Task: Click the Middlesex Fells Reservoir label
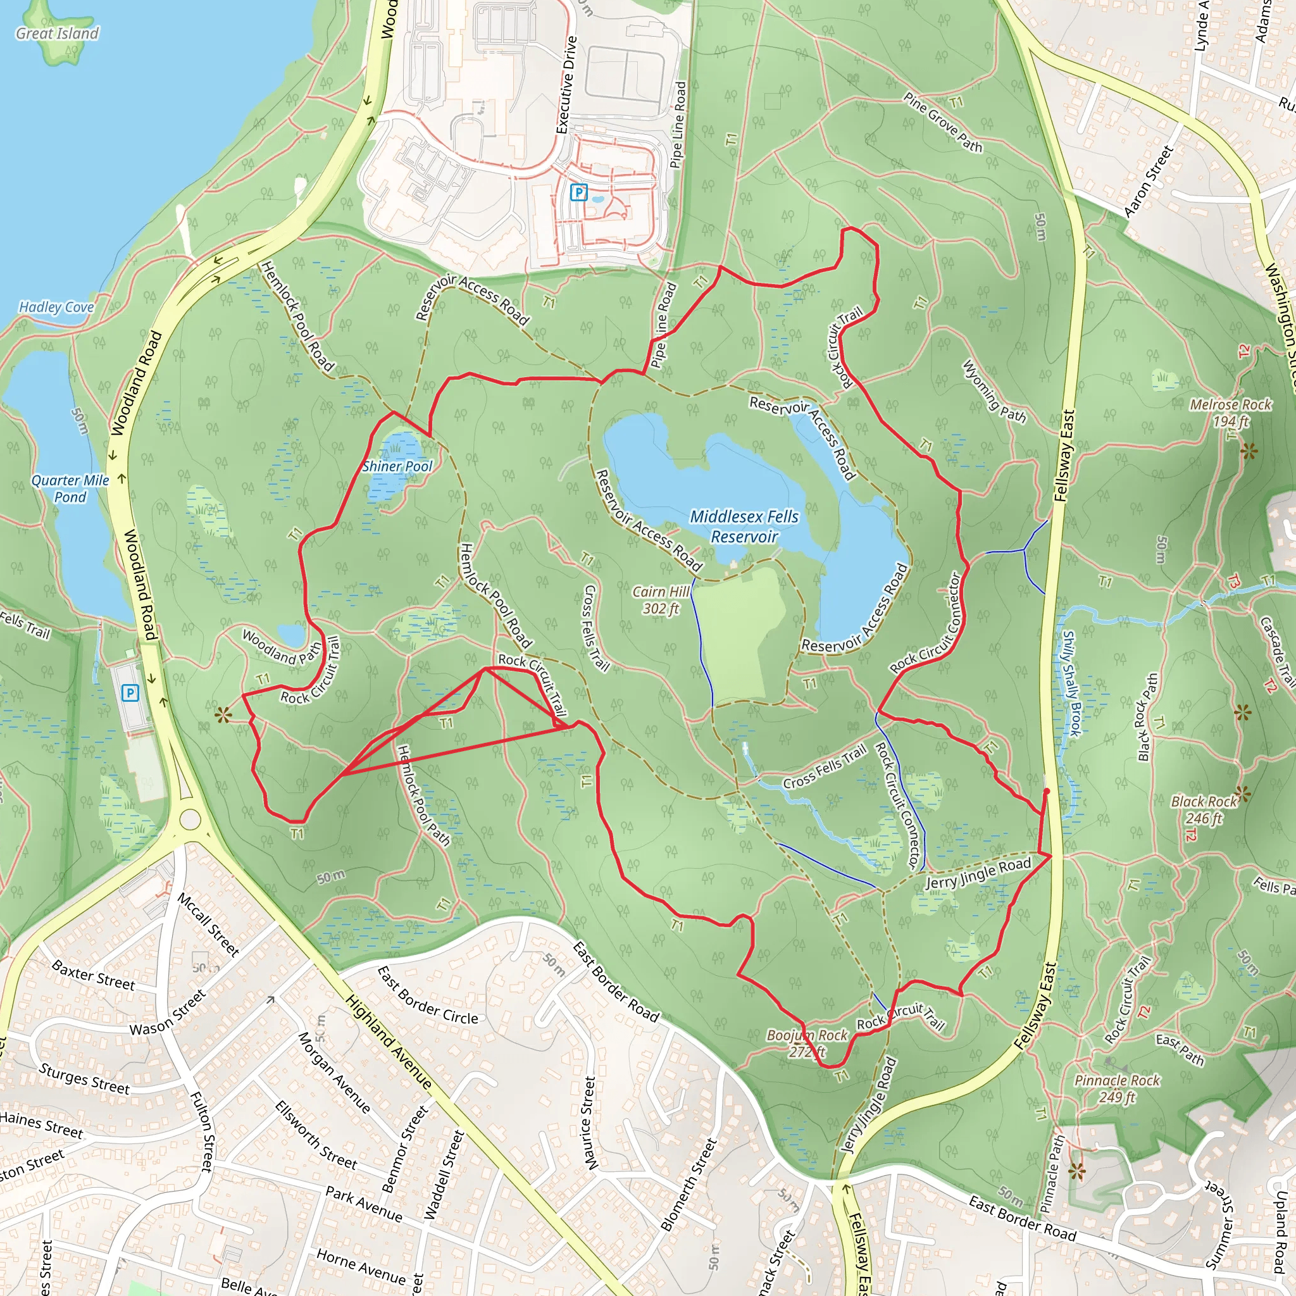pos(744,526)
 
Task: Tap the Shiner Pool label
pos(397,466)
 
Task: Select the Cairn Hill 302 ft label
pos(661,600)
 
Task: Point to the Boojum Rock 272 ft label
pos(806,1043)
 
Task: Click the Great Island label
pos(57,34)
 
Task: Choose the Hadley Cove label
pos(56,307)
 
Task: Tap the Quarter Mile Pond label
pos(70,489)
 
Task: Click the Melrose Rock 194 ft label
pos(1230,413)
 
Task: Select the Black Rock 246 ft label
pos(1204,809)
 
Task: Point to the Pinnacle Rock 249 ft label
pos(1117,1088)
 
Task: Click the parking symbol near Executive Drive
pos(578,193)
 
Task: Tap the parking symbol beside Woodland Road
pos(130,693)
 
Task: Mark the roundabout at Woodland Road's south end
pos(190,819)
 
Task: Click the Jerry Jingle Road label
pos(978,873)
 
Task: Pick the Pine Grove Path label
pos(942,122)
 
